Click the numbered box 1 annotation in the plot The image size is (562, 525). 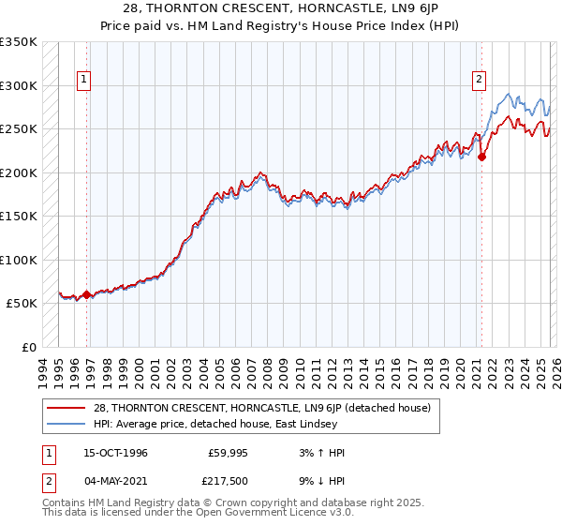(x=84, y=81)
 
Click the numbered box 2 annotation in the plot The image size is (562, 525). (x=479, y=81)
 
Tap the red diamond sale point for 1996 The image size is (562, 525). (x=87, y=294)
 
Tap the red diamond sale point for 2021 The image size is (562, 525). (x=481, y=157)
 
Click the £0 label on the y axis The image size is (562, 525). (x=29, y=347)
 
